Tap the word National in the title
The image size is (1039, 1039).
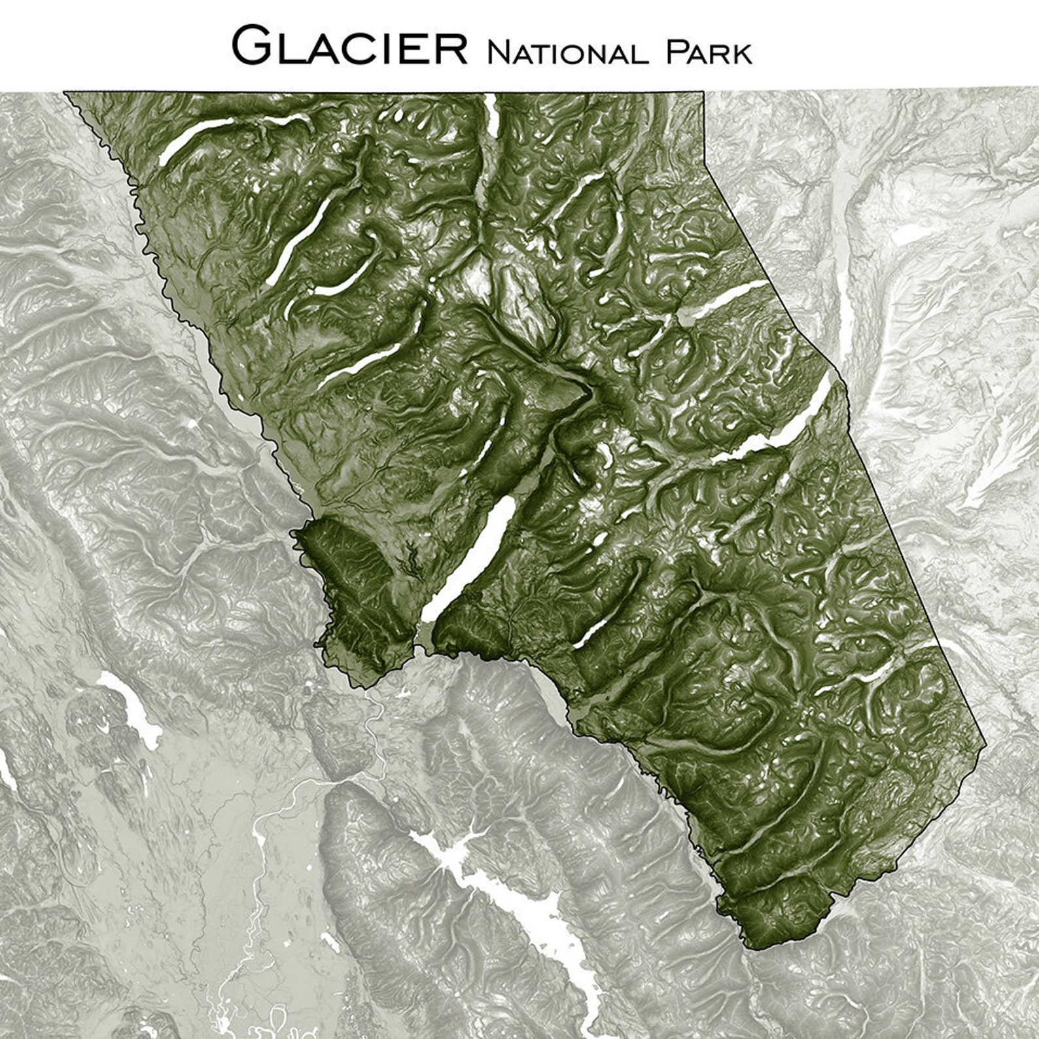pos(567,52)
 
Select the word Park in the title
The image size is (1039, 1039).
pos(709,52)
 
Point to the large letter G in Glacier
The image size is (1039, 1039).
pos(252,46)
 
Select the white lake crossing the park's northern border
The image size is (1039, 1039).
pos(490,114)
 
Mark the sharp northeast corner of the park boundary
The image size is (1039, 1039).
pos(704,92)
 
